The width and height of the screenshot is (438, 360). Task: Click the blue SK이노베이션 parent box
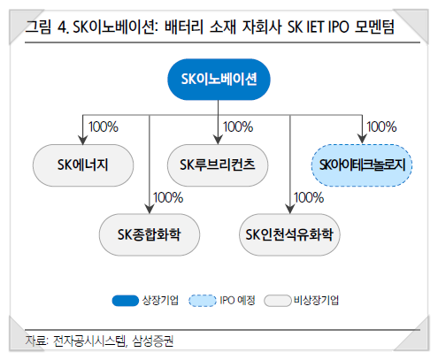pos(219,80)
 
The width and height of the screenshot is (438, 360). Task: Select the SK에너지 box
pos(83,165)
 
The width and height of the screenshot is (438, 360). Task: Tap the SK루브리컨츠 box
pos(218,165)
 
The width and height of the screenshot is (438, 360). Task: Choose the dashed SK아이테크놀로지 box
pos(362,165)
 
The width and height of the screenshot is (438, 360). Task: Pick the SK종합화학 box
pos(150,234)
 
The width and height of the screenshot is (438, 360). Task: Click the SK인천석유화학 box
pos(289,234)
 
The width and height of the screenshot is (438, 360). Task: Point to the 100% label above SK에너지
pos(104,126)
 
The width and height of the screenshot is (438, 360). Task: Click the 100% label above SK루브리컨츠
pos(238,126)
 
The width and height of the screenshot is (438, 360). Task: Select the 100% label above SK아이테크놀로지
pos(381,126)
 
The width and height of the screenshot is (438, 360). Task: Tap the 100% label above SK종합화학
pos(168,197)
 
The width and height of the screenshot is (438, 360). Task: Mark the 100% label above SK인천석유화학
pos(309,197)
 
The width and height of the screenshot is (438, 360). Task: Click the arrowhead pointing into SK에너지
pos(83,140)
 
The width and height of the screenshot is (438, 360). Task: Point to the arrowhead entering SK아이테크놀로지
pos(362,140)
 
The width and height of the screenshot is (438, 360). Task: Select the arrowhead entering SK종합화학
pos(150,209)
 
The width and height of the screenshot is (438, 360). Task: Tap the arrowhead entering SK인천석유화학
pos(290,209)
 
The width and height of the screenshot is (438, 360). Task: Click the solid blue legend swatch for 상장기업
pos(126,301)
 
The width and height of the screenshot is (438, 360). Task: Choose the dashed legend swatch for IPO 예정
pos(203,301)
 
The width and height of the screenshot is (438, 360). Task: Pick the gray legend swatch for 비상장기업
pos(278,301)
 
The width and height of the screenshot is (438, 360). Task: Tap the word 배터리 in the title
pos(184,27)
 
